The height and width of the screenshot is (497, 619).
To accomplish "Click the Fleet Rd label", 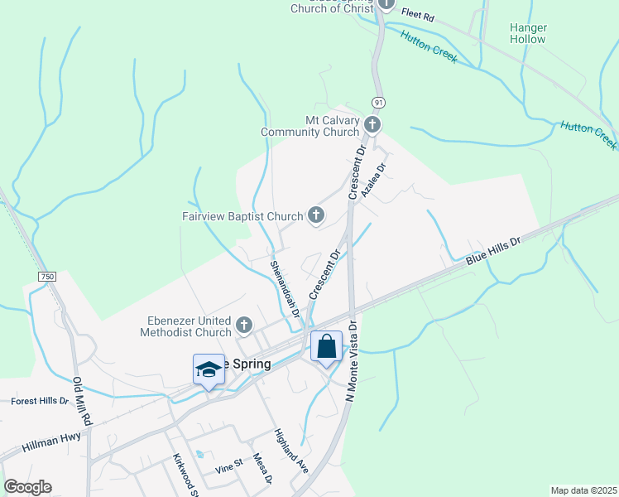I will coord(417,14).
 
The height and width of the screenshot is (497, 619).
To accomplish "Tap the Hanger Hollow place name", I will coord(528,33).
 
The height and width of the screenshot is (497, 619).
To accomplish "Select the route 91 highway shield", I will coord(378,101).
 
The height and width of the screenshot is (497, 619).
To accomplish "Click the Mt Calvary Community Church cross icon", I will coord(372,125).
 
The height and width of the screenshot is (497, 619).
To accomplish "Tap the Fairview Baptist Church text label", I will coord(242,217).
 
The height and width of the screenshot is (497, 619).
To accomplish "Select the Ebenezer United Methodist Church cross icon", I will coord(243,324).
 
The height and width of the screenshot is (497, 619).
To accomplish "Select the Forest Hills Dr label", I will coord(40,401).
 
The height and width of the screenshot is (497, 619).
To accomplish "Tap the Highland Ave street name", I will coord(291,451).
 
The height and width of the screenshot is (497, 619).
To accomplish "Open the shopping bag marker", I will coord(327,346).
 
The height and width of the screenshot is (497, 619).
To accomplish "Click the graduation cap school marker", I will coord(209,369).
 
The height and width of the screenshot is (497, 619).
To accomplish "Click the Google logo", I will coord(27,487).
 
